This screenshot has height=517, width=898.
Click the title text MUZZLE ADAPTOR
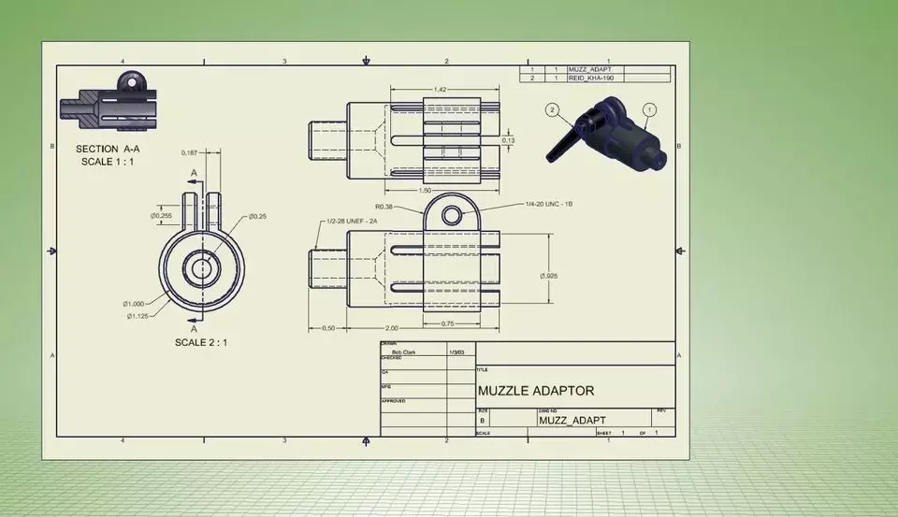[535, 391]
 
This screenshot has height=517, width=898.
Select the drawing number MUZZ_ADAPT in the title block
[572, 421]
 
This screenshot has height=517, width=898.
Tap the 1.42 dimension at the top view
[440, 89]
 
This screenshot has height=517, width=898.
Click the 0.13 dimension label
[509, 140]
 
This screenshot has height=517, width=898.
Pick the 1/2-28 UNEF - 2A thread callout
[351, 222]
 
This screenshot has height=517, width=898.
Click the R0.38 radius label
[382, 206]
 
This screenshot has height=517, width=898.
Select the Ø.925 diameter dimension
[549, 276]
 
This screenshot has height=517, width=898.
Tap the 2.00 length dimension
[390, 328]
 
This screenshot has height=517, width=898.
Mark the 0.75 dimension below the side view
[448, 323]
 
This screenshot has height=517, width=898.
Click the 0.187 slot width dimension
[190, 152]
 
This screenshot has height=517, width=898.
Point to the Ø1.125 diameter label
[137, 316]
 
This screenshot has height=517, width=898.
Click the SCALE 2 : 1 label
[200, 342]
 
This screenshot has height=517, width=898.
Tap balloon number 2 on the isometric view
[553, 109]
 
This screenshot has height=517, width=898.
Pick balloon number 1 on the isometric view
[651, 108]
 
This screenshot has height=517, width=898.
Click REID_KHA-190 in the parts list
[591, 79]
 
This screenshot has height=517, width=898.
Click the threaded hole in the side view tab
[452, 216]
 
